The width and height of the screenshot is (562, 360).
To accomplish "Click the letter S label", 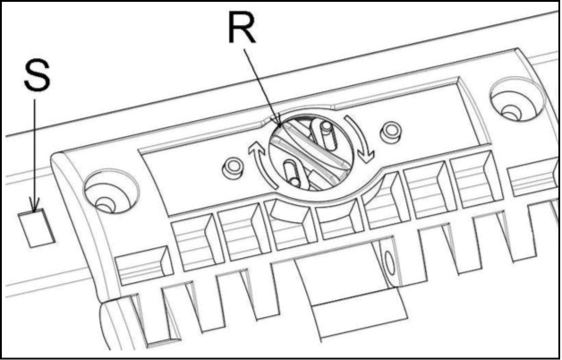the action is coord(37,75).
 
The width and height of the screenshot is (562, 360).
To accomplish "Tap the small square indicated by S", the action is coord(36,228).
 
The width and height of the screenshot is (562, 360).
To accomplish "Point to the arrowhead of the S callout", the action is coord(35,207).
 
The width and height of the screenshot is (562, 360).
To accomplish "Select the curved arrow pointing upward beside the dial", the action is coord(260,163).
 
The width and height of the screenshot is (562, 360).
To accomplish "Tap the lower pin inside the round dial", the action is coord(292,173).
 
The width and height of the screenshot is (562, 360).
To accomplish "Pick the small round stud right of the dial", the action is coord(391,132).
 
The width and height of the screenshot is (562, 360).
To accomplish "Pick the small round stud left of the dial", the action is coord(233,167).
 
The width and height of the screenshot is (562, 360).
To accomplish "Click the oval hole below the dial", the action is coord(388,262).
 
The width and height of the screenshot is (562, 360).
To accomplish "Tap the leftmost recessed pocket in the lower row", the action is coord(143,265).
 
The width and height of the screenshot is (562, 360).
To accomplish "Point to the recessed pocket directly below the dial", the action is coord(290,223).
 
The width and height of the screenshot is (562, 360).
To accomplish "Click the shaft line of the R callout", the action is coord(261,85).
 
